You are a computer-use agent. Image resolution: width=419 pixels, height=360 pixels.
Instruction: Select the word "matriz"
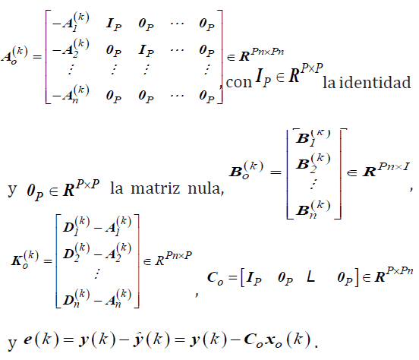tap(156, 188)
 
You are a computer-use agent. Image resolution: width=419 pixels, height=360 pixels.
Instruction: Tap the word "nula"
tap(206, 188)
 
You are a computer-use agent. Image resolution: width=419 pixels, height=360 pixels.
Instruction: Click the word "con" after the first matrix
tap(239, 82)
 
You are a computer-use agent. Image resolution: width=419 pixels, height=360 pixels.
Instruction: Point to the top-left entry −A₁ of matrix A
tap(71, 22)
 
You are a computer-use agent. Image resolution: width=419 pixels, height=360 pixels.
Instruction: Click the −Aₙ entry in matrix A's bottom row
tap(71, 94)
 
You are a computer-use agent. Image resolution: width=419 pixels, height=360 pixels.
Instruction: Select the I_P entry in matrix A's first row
tap(114, 24)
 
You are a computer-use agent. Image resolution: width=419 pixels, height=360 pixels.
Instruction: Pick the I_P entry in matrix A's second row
tap(146, 50)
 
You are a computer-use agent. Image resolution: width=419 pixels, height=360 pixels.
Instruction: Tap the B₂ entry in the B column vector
tap(313, 163)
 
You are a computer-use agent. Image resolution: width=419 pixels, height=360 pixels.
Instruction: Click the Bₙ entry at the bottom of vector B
tap(313, 210)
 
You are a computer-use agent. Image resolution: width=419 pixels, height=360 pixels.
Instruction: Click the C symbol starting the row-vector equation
tap(215, 278)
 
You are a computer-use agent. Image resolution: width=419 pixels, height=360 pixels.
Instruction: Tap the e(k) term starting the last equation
tap(41, 339)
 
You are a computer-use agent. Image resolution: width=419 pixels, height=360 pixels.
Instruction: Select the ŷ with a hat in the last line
tap(138, 339)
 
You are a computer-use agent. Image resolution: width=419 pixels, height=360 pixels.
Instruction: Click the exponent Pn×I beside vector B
tap(394, 166)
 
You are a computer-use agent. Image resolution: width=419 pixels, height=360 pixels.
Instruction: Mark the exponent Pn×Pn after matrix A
tap(268, 51)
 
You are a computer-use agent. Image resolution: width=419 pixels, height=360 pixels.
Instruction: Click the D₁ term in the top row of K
tap(76, 226)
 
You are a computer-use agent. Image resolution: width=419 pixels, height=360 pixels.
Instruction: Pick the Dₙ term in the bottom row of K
tap(76, 298)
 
